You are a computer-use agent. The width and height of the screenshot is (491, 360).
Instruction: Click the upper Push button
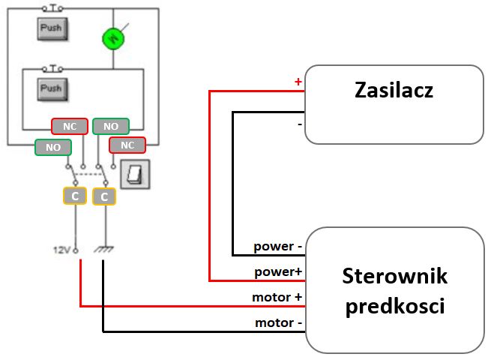pos(51,28)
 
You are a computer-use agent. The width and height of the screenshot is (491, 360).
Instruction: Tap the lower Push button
pos(51,88)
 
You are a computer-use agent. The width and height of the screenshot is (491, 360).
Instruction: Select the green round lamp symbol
pos(112,36)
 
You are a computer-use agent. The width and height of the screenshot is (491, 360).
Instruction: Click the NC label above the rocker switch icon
pos(127,145)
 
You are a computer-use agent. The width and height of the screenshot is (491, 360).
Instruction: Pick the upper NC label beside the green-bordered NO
pos(69,126)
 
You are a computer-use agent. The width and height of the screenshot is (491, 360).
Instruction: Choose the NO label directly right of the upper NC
pos(110,126)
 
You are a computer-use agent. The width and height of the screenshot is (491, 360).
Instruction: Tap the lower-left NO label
pos(52,147)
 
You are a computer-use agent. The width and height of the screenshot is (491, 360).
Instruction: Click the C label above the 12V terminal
pos(75,196)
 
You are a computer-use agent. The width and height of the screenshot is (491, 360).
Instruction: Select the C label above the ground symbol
pos(104,196)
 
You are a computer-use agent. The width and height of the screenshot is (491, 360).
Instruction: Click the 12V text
pos(60,249)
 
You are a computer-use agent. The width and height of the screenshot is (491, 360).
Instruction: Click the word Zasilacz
pos(394,91)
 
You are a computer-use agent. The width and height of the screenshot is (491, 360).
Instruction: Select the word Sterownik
pos(394,276)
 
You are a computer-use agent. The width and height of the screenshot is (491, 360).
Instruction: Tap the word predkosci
pos(394,307)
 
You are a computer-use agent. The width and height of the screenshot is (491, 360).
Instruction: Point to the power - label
pos(277,246)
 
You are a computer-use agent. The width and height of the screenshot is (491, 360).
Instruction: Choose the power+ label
pos(277,271)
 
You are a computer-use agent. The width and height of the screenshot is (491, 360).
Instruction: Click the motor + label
pos(277,297)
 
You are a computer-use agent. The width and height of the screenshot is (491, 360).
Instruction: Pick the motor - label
pos(277,322)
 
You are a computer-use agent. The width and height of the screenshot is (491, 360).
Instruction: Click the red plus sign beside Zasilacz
pos(298,81)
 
